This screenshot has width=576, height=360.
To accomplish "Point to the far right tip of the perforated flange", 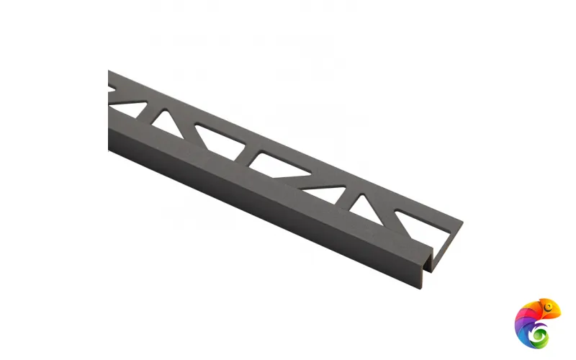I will point(462,222).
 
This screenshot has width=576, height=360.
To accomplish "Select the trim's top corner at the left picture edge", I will point(109,71).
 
